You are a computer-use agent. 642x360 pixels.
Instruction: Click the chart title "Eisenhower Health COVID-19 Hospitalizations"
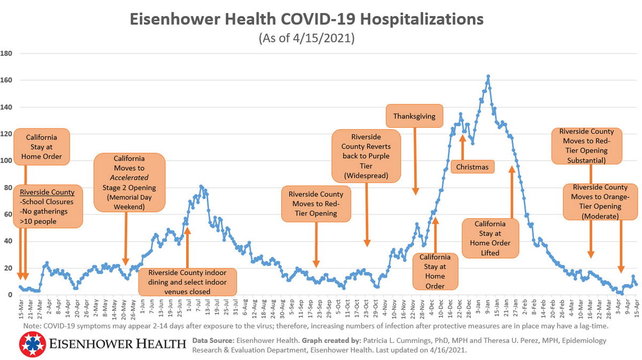click(x=307, y=20)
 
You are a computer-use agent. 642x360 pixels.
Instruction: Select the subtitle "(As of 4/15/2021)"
click(x=307, y=39)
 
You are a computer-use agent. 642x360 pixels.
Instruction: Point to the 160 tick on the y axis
click(x=7, y=80)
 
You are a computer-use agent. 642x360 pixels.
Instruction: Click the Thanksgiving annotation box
click(x=414, y=116)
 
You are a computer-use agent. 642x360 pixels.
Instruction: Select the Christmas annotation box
click(x=472, y=167)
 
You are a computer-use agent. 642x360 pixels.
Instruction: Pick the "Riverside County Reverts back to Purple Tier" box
click(x=366, y=156)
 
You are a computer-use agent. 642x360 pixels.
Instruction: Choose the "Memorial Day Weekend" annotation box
click(x=129, y=182)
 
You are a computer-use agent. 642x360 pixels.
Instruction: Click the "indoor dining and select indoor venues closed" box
click(x=187, y=282)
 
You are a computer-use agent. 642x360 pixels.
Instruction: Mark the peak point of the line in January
click(x=488, y=76)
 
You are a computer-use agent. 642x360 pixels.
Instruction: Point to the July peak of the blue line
click(x=201, y=187)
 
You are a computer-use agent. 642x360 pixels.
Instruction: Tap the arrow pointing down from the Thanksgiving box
click(x=415, y=160)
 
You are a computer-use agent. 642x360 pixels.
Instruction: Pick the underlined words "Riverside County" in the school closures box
click(x=47, y=193)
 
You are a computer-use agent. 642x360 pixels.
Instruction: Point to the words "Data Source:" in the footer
click(x=211, y=340)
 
